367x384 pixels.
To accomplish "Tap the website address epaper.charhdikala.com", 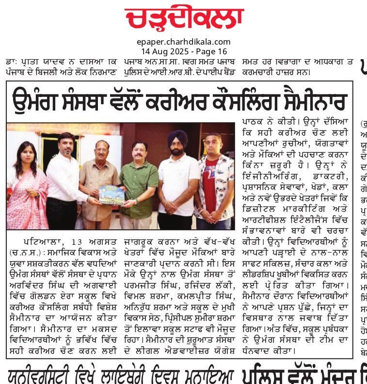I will [x=184, y=42].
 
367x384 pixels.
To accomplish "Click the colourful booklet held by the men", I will [x=111, y=194].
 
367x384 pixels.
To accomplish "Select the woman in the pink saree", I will [x=27, y=189].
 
